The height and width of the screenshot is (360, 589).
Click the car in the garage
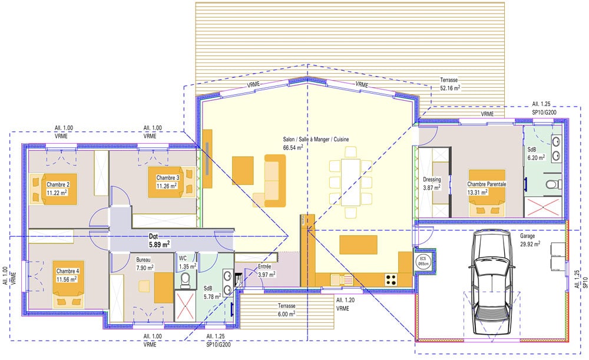pos(491,282)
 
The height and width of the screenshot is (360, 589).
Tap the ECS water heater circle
pos(423,261)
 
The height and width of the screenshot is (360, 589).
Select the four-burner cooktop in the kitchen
pos(391,279)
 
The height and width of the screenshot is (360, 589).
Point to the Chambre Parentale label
pos(487,184)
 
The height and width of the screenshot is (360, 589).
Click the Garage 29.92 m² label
pos(530,240)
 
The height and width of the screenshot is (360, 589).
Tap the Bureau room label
pos(143,260)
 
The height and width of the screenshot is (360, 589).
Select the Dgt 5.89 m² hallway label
pos(159,240)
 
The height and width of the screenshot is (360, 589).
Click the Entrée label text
pos(264,267)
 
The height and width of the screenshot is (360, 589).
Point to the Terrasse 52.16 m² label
pos(450,84)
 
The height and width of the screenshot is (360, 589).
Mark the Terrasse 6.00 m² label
pos(287,310)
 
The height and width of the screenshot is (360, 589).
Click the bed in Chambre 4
pos(68,283)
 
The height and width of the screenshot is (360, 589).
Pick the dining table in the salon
pos(350,182)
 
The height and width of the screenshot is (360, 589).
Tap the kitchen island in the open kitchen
pos(358,245)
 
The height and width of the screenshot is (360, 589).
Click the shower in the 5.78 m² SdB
pos(185,306)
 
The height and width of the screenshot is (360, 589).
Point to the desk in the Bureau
pos(164,287)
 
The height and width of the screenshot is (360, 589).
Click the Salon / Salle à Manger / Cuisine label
pos(316,140)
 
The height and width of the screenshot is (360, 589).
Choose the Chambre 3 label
pos(167,178)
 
